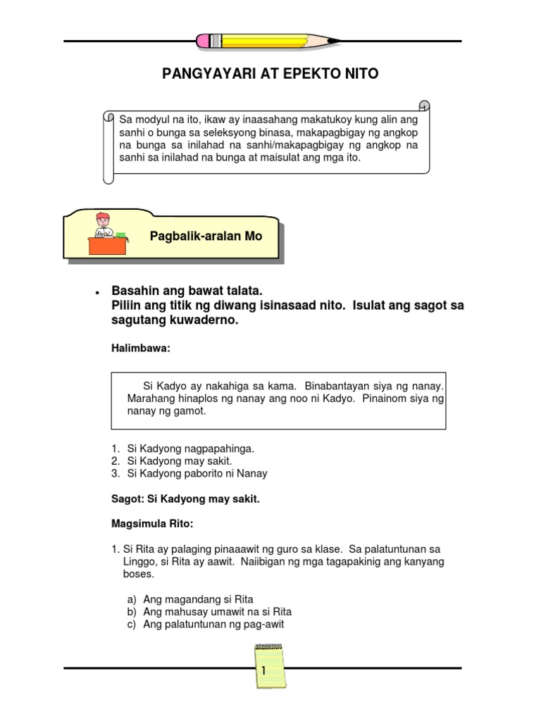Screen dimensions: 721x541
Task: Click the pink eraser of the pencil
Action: (205, 41)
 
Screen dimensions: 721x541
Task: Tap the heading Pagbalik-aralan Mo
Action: (206, 236)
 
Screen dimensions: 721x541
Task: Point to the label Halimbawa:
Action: (141, 348)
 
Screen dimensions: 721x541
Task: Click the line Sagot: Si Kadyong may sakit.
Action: (186, 499)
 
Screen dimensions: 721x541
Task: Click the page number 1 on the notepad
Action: (263, 671)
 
